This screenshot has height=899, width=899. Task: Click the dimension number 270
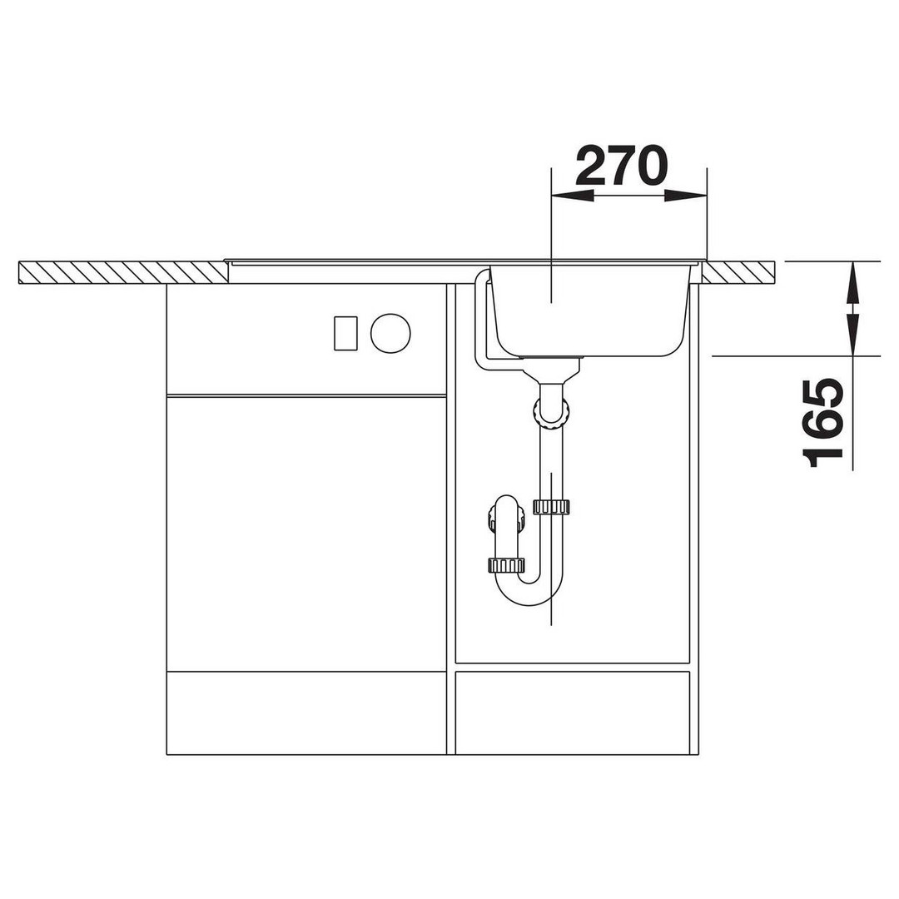click(x=622, y=166)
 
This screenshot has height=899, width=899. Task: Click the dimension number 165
click(x=823, y=423)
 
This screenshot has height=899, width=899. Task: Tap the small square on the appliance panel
click(x=345, y=333)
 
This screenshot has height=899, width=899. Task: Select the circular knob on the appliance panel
click(x=390, y=333)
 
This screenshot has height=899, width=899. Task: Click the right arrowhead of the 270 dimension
click(x=686, y=196)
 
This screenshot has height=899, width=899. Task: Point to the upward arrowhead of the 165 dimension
click(x=852, y=282)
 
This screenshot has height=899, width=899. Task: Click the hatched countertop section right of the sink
click(x=738, y=272)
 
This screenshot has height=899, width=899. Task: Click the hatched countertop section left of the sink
click(x=122, y=272)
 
